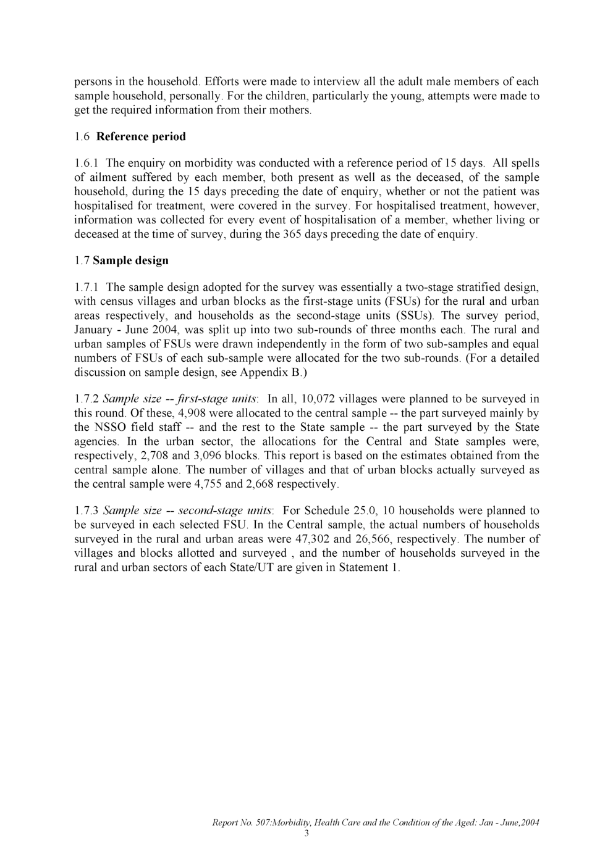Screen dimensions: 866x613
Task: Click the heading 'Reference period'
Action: point(141,136)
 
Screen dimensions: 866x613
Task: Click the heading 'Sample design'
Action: point(130,260)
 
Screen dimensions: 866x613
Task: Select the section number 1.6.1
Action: point(87,164)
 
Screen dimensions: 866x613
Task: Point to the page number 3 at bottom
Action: point(306,833)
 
